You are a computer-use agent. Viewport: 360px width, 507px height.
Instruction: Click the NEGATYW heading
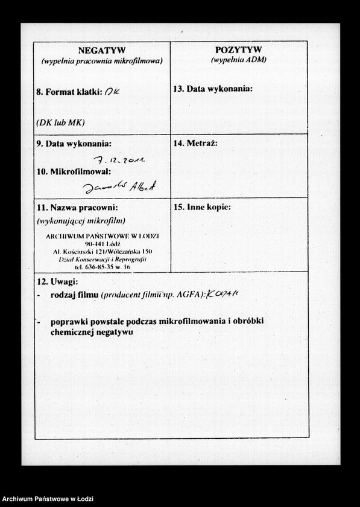(101, 50)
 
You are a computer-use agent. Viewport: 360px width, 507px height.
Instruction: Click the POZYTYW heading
(238, 49)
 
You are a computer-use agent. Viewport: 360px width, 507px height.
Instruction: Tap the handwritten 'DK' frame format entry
(113, 92)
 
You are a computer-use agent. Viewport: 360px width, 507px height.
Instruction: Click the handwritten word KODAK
(223, 294)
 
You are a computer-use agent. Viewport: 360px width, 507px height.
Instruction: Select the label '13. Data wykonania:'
(213, 89)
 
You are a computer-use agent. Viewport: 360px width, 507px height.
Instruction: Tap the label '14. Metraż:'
(195, 143)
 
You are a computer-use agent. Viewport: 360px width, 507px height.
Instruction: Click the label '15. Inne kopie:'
(202, 207)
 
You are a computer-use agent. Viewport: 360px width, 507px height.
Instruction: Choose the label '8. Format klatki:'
(69, 92)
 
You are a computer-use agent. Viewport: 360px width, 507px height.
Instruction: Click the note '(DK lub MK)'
(60, 122)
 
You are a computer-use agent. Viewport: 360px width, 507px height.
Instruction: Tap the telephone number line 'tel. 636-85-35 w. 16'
(102, 266)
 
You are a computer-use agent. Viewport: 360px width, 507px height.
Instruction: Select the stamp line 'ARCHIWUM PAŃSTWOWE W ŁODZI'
(102, 236)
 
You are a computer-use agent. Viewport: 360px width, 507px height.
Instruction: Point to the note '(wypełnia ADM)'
(238, 60)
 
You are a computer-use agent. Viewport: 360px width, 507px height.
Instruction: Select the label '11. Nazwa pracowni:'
(77, 208)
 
